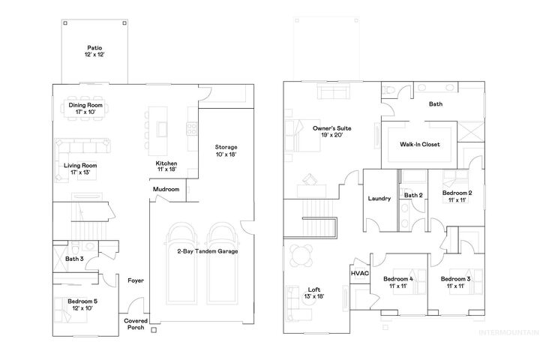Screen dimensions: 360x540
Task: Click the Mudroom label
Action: point(166,190)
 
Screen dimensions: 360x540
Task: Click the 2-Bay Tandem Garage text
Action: point(207,251)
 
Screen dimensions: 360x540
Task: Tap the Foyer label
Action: point(135,280)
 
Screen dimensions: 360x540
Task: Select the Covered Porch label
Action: point(136,322)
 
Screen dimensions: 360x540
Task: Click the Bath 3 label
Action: point(73,259)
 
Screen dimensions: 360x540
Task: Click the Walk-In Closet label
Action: point(419,143)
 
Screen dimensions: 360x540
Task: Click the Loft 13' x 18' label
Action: point(314,292)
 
